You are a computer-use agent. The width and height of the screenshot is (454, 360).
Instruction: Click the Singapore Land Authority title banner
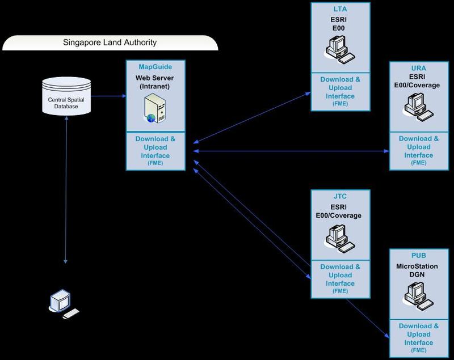pos(109,43)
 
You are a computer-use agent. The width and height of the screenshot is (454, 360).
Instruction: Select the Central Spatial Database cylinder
pos(67,96)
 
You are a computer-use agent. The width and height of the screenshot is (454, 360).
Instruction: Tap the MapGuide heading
pos(155,66)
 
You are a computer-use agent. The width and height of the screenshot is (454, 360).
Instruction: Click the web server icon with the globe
pos(155,108)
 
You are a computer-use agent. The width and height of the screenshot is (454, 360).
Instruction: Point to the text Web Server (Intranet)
pos(155,82)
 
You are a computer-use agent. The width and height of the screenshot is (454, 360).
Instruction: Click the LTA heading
pos(340,10)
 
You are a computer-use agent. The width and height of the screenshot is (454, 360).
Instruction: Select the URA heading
pos(418,69)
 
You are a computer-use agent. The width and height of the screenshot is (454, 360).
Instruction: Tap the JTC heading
pos(340,196)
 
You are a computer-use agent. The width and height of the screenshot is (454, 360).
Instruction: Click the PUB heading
pos(418,256)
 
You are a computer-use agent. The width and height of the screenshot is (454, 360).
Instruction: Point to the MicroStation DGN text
pos(418,270)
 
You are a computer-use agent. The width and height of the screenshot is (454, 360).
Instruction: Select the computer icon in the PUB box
pos(418,295)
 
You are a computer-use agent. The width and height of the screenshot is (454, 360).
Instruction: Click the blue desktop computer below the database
pos(61,302)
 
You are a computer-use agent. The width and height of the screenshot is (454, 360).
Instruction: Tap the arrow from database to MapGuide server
pos(108,95)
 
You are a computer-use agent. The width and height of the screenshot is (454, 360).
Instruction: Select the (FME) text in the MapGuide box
pos(155,163)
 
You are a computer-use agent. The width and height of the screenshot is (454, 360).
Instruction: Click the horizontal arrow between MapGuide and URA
pos(289,151)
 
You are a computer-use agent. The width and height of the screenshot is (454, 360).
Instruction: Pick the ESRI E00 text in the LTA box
pos(340,23)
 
